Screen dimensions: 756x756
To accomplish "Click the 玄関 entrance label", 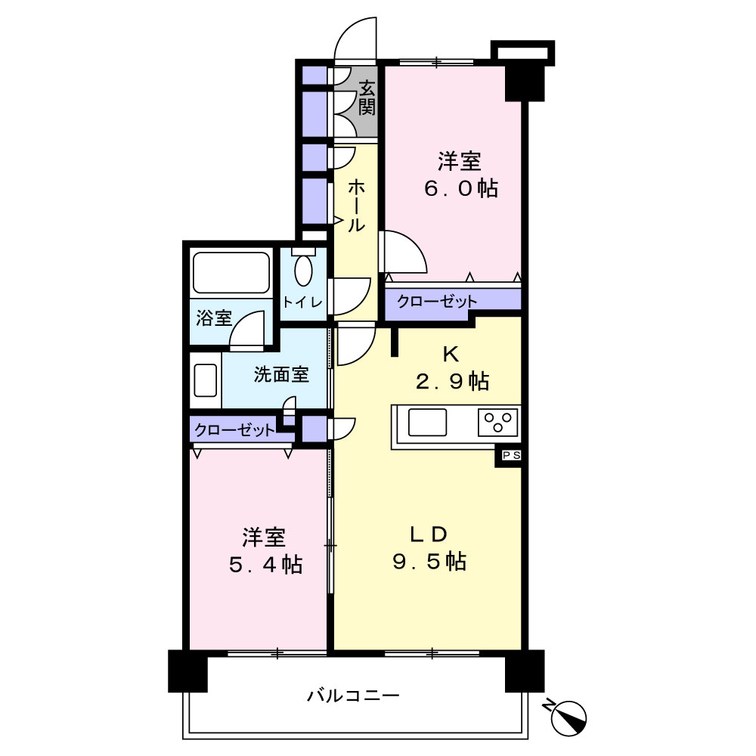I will [x=367, y=98].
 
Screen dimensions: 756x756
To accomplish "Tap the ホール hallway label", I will [x=356, y=205].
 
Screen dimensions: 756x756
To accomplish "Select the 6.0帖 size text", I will [x=460, y=188].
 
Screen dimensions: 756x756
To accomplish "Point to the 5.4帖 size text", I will [x=265, y=564].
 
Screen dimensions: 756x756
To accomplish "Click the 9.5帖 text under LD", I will [x=429, y=561].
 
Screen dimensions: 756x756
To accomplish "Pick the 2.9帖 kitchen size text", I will [x=451, y=381].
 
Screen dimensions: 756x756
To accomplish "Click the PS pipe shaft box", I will [x=509, y=455].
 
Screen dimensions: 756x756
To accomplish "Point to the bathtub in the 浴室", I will [x=231, y=273].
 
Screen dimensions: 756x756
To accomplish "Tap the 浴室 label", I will [x=214, y=318].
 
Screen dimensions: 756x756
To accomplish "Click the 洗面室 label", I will [x=281, y=375].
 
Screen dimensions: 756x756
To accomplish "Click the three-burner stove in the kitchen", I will [x=498, y=423].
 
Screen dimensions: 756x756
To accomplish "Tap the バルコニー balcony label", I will [x=353, y=695].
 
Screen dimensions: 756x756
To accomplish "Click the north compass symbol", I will [x=569, y=714].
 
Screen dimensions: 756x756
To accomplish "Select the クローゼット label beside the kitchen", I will [x=437, y=301].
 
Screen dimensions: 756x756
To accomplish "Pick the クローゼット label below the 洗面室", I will [x=234, y=431].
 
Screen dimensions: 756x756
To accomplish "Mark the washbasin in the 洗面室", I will [x=206, y=380].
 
